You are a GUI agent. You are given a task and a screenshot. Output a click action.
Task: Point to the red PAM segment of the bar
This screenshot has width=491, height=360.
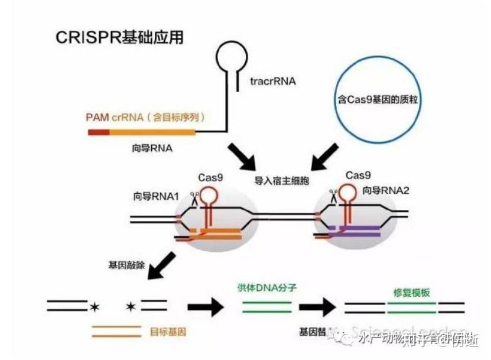coord(98,132)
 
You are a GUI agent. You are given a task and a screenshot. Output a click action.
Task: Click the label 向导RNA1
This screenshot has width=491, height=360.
coord(155,195)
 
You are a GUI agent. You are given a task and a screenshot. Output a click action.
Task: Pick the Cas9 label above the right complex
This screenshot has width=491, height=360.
coord(358,175)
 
